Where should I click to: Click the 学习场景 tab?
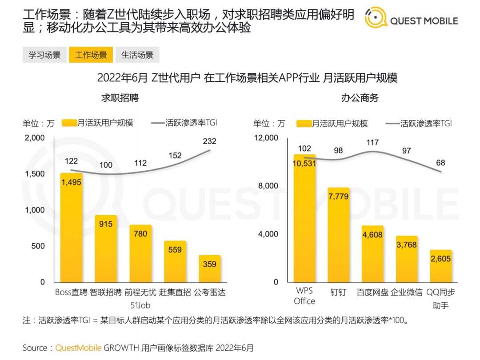point(44,55)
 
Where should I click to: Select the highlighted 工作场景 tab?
point(91,55)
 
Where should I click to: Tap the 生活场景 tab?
point(137,55)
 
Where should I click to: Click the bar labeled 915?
point(106,248)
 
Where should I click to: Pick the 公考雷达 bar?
point(210,268)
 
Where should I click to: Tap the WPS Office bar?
point(304,218)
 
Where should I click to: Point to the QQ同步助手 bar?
point(440,266)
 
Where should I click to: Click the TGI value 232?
point(209,141)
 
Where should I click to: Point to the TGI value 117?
point(372,143)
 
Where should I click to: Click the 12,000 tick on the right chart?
point(266,138)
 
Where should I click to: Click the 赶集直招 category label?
point(175,292)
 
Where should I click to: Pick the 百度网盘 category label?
point(372,292)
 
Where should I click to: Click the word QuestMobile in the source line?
point(78,348)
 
